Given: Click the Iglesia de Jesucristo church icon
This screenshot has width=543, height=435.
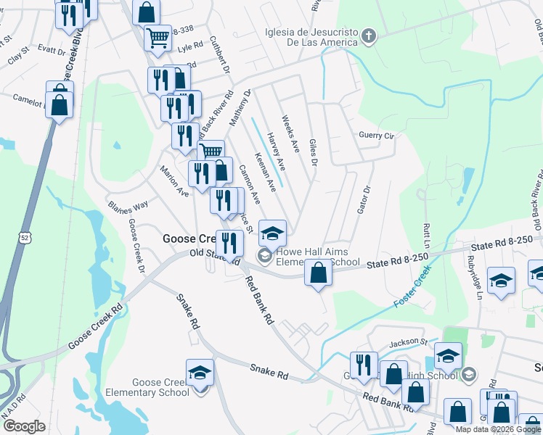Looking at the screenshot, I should (x=369, y=37).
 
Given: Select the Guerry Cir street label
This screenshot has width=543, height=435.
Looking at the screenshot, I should (x=376, y=136).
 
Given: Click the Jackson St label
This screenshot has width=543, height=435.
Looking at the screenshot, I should (x=409, y=341).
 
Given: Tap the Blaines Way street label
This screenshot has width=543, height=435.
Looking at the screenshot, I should (x=128, y=205).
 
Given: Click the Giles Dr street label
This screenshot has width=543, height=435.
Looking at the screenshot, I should (x=314, y=152).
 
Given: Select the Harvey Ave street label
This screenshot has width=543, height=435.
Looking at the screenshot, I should (x=276, y=152).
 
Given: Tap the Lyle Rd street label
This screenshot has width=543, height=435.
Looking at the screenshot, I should (x=189, y=47).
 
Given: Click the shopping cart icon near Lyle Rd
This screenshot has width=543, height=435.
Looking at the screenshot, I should (x=158, y=36).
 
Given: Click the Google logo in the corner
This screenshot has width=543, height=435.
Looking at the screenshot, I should (x=24, y=426).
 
